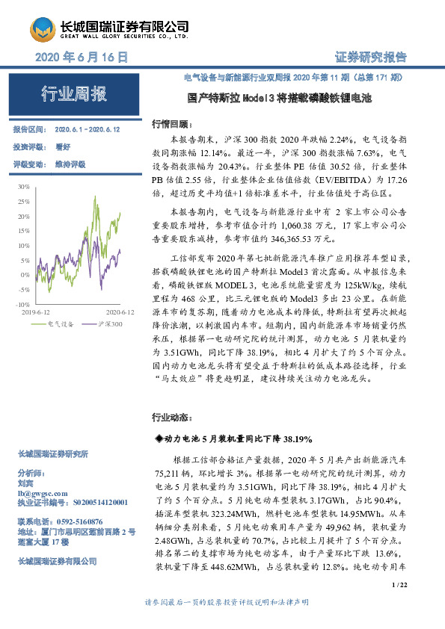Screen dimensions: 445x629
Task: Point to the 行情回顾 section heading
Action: (x=171, y=123)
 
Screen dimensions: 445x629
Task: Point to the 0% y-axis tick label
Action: (x=25, y=275)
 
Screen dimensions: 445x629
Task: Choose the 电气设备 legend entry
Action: (x=60, y=324)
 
